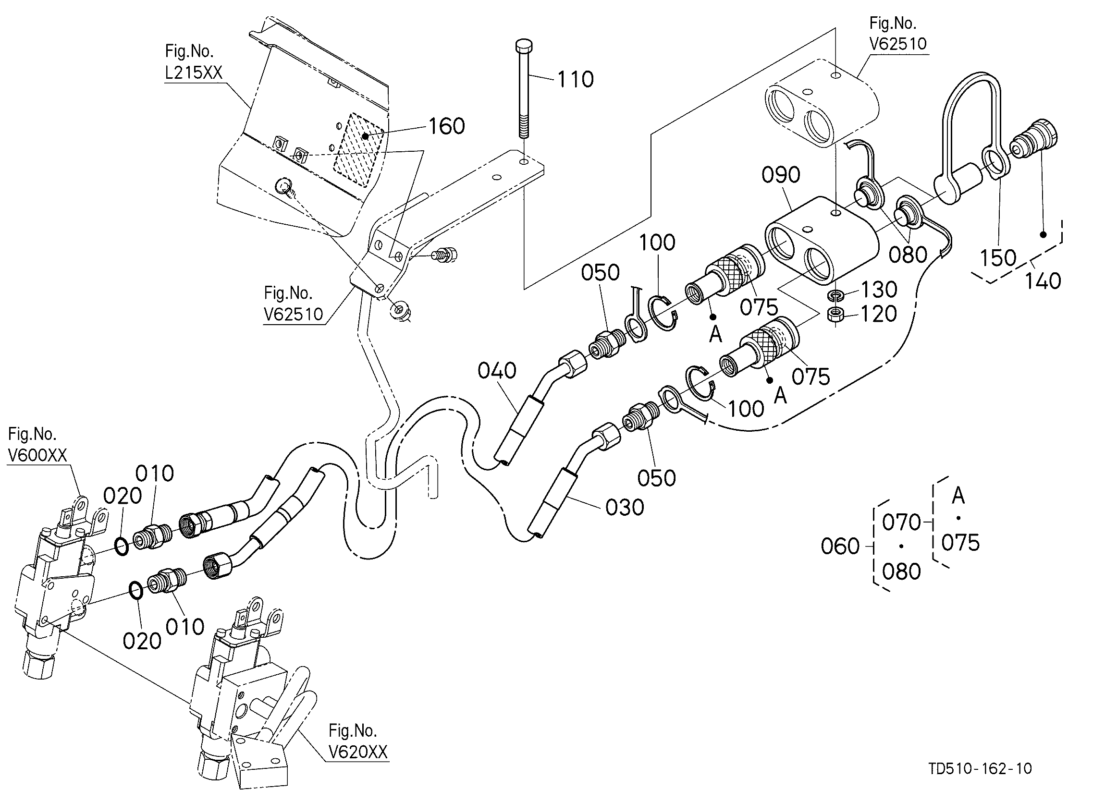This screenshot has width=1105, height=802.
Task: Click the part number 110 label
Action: click(576, 79)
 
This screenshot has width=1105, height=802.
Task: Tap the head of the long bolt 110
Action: click(524, 46)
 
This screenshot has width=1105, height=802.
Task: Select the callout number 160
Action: click(447, 126)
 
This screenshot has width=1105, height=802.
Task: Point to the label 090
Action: click(781, 175)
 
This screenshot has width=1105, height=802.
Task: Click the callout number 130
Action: click(879, 290)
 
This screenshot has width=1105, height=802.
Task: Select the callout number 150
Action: click(998, 258)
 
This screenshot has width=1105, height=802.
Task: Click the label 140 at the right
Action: click(1043, 281)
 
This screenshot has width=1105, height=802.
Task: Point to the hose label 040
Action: click(497, 371)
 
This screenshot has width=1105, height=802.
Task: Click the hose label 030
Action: click(625, 508)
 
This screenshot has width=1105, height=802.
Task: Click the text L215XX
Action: click(194, 73)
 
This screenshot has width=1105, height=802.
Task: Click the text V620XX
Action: click(358, 753)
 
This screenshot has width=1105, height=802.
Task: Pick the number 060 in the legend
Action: click(840, 547)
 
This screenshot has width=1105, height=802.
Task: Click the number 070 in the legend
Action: click(902, 523)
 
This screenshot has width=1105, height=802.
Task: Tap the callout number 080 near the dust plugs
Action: click(908, 255)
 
